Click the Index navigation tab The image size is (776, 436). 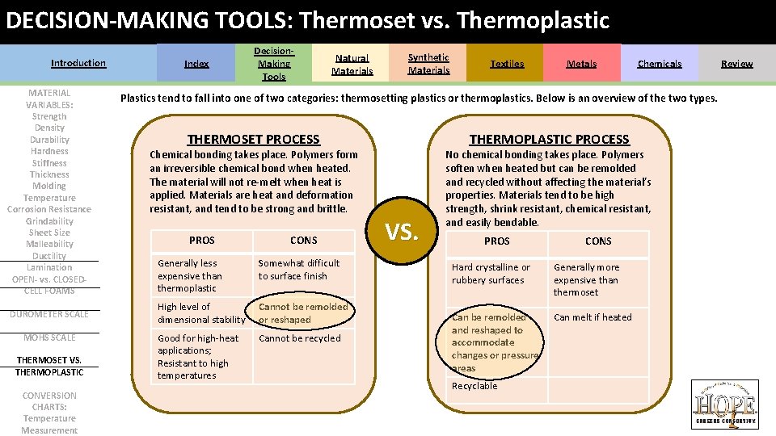(x=196, y=64)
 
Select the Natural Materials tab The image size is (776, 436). (x=352, y=64)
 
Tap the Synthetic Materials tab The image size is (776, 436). (x=428, y=64)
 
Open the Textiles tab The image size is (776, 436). (x=507, y=64)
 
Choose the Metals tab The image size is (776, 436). (x=581, y=64)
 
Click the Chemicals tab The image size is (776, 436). (x=659, y=64)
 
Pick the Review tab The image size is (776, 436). (x=736, y=64)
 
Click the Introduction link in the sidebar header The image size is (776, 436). (x=78, y=63)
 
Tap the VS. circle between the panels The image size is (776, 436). (x=402, y=233)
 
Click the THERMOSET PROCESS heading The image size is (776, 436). (x=253, y=140)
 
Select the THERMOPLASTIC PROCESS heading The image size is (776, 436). (x=549, y=140)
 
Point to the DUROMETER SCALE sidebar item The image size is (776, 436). (x=49, y=314)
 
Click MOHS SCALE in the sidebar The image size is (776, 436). (x=49, y=337)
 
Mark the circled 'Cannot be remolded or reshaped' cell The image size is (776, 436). (x=303, y=313)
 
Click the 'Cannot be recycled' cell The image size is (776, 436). (x=300, y=338)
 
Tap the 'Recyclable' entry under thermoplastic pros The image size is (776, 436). (x=474, y=386)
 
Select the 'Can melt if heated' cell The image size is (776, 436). (x=593, y=317)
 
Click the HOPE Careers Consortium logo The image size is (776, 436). (x=724, y=405)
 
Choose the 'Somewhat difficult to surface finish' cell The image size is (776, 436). (x=299, y=270)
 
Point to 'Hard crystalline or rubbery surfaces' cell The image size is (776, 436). (x=491, y=274)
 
